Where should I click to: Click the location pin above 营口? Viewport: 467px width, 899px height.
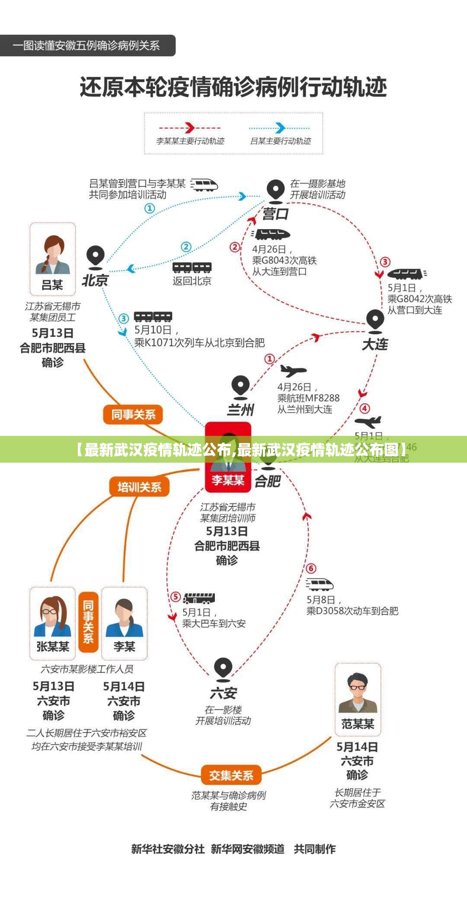[275, 190]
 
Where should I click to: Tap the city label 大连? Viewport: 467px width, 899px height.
[375, 344]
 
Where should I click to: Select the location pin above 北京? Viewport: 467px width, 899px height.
[95, 256]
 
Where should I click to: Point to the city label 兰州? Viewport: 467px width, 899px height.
[240, 409]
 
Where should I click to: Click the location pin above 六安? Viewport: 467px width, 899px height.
[223, 669]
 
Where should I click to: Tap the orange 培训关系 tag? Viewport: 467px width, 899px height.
[139, 487]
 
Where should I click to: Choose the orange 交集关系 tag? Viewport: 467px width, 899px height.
[231, 775]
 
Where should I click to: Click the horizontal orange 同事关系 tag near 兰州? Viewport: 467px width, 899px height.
[133, 415]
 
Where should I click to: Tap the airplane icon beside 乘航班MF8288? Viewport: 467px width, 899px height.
[293, 371]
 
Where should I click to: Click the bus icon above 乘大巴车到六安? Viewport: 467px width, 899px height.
[199, 598]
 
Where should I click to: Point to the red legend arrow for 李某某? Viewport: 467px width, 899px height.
[190, 128]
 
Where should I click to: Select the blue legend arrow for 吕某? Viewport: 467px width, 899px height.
[280, 128]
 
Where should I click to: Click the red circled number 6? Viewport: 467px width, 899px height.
[311, 568]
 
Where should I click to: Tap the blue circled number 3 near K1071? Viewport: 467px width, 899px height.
[124, 319]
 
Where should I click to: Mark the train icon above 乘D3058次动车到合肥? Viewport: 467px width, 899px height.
[320, 585]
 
